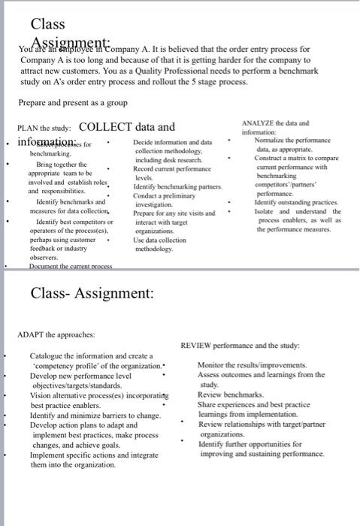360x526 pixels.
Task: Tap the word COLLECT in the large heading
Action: [x=105, y=127]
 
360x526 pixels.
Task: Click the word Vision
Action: [x=42, y=394]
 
